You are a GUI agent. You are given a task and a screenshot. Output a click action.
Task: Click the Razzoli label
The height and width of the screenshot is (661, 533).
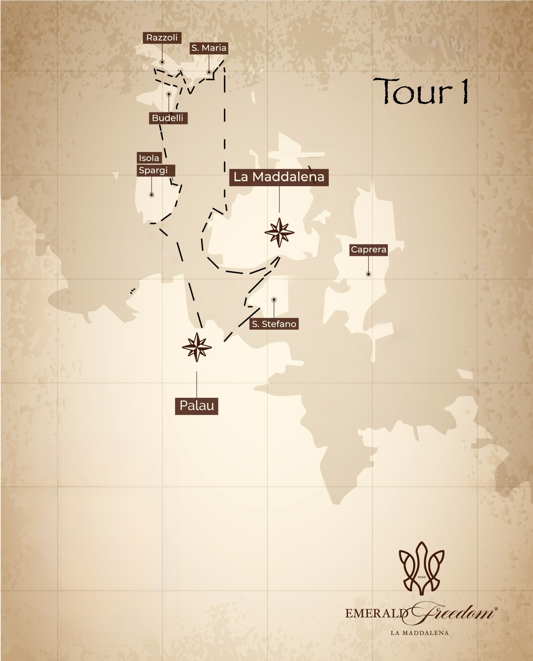coord(162,38)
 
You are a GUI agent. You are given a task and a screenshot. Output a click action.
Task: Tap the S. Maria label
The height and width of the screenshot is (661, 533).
coord(209,48)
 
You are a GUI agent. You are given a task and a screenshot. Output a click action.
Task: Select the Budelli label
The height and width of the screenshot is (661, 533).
coord(168,118)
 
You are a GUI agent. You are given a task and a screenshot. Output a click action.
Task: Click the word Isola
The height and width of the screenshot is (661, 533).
coord(149,158)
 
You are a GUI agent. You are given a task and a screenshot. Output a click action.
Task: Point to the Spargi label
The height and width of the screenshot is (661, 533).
coord(153,170)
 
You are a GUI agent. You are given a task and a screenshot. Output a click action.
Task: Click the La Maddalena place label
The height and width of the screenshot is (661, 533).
coord(279,177)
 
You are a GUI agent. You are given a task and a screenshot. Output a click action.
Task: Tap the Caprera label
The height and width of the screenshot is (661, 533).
coord(369,250)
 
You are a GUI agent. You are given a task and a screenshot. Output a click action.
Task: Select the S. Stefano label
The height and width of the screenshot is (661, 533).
coord(274,324)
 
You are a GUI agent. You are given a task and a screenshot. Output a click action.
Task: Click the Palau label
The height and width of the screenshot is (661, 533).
coord(197,406)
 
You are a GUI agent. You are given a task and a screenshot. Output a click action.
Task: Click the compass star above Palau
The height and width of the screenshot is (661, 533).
coord(197,347)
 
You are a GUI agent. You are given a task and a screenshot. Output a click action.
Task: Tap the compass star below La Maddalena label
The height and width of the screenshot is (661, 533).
coord(279,233)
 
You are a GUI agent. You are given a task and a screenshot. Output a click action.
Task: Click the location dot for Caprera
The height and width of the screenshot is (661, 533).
coord(369,274)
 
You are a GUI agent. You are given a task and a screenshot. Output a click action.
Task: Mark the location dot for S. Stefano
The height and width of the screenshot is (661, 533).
coord(274,300)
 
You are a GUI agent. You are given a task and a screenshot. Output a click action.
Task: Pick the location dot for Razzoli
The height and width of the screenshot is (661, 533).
coord(162,62)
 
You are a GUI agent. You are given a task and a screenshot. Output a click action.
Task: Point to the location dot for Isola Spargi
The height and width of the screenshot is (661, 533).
coord(152,195)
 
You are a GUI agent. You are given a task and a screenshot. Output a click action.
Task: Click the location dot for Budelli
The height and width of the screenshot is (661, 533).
coord(169,94)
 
